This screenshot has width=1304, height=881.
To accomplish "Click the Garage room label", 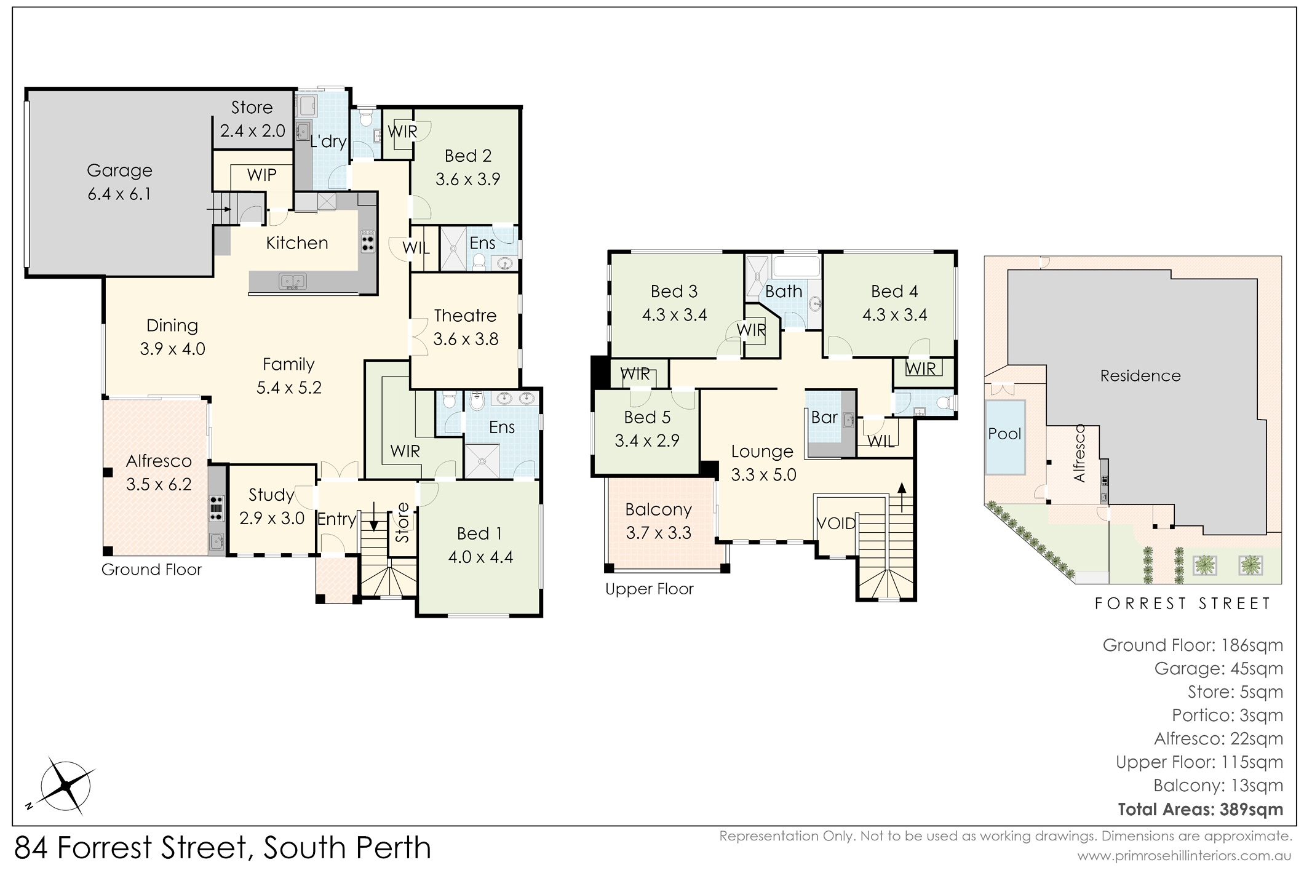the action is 119,170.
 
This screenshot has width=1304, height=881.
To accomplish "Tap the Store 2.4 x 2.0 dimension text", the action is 253,131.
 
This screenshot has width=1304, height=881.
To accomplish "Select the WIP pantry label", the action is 261,175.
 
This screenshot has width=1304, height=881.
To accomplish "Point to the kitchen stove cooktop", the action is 367,241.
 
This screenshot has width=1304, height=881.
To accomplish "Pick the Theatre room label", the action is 465,316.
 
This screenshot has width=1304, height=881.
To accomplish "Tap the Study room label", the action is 271,495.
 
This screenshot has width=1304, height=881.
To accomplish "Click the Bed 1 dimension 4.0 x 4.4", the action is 480,557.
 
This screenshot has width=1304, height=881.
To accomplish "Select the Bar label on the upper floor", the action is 824,418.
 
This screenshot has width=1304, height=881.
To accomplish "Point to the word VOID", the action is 836,524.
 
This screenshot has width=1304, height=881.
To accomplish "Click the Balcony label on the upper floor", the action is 658,510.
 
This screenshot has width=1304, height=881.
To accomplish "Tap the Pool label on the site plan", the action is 1004,434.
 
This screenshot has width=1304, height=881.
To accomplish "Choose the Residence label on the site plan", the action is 1140,376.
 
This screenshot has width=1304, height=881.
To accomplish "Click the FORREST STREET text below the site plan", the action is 1182,604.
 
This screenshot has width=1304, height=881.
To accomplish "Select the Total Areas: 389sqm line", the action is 1200,810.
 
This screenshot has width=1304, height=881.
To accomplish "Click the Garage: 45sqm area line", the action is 1219,669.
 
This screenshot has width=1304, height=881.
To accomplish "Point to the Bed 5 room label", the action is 647,418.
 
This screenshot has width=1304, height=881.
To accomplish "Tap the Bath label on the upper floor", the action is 784,292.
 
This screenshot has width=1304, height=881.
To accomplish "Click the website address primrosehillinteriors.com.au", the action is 1184,856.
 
